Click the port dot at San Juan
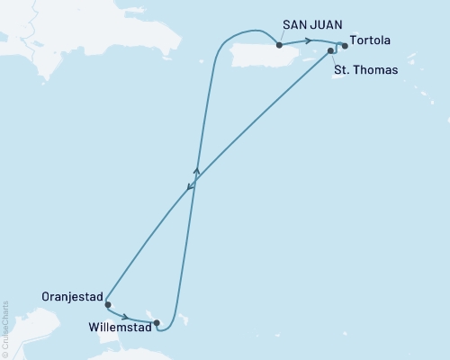[279, 45]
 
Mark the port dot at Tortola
[345, 45]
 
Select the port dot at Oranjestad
[107, 304]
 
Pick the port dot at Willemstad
[157, 322]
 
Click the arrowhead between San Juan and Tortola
[310, 40]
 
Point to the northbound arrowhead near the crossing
[196, 169]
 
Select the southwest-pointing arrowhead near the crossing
[189, 188]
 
